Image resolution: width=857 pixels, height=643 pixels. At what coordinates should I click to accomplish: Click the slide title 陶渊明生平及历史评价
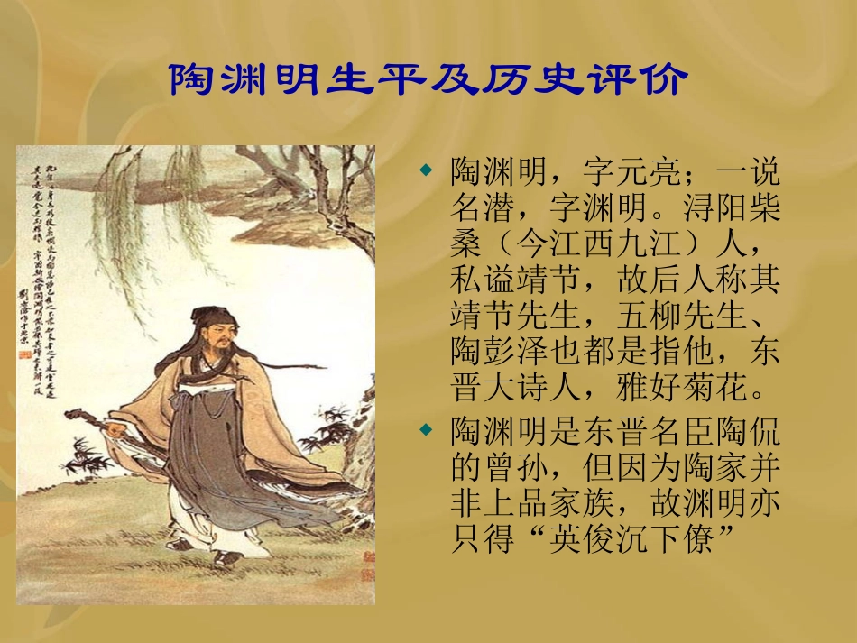428,80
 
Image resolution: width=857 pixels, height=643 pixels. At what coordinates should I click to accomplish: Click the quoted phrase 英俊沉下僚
631,540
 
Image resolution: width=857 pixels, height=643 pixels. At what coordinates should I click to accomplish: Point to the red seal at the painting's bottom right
365,565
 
